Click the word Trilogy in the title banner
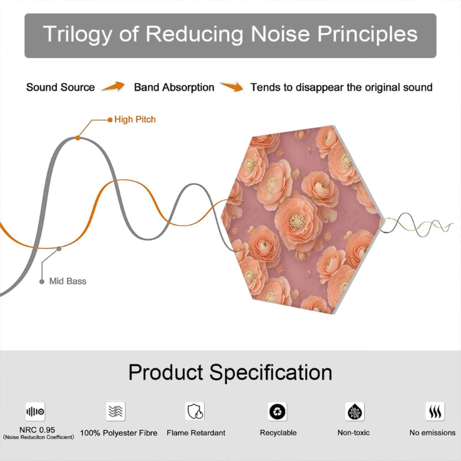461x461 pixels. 77,34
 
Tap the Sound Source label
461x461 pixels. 61,87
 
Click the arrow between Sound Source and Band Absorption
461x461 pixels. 113,86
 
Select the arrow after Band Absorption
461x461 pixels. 232,86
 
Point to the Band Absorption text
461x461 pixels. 174,87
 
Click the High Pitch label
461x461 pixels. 135,119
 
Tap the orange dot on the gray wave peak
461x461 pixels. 78,138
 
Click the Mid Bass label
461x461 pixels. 68,281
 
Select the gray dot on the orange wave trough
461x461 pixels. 59,249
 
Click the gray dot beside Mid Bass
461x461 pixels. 42,282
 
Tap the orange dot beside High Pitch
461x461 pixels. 110,119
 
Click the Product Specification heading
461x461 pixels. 230,372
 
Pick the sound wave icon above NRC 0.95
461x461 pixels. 35,411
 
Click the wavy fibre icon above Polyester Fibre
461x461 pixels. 116,411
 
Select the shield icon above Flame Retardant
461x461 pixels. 195,411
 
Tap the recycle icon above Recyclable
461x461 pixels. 277,411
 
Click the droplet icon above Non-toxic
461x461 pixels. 355,411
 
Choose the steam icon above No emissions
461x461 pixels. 435,411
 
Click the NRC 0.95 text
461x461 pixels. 37,430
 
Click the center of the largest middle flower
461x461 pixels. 297,221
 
